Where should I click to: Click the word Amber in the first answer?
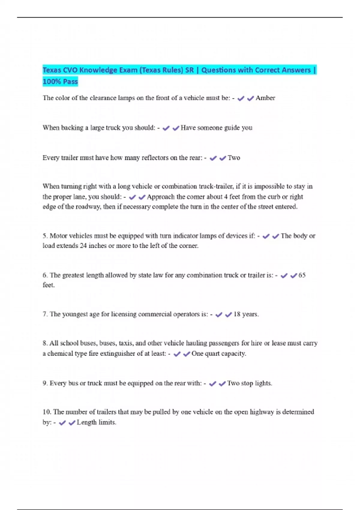pyautogui.click(x=265, y=98)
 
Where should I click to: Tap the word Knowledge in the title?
pyautogui.click(x=98, y=70)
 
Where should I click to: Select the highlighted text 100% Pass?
pyautogui.click(x=60, y=81)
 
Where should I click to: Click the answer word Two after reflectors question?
pyautogui.click(x=234, y=158)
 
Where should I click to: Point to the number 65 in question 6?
pyautogui.click(x=302, y=275)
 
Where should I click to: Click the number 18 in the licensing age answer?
pyautogui.click(x=237, y=314)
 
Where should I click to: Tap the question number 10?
pyautogui.click(x=47, y=412)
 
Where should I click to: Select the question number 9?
pyautogui.click(x=45, y=383)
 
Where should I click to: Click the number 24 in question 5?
pyautogui.click(x=83, y=246)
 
